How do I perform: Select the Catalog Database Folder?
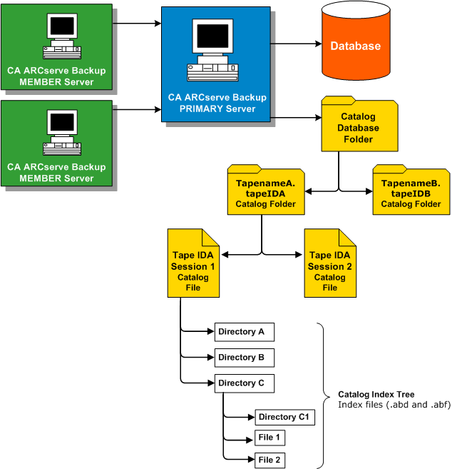click(358, 127)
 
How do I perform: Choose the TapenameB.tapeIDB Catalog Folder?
click(411, 192)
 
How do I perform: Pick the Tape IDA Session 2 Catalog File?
click(329, 266)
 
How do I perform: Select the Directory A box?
click(245, 332)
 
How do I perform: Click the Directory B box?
click(245, 358)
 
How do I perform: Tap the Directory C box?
click(245, 383)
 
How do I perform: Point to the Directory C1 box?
click(284, 417)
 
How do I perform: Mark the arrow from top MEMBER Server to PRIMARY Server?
click(137, 24)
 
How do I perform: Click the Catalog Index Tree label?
click(376, 395)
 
